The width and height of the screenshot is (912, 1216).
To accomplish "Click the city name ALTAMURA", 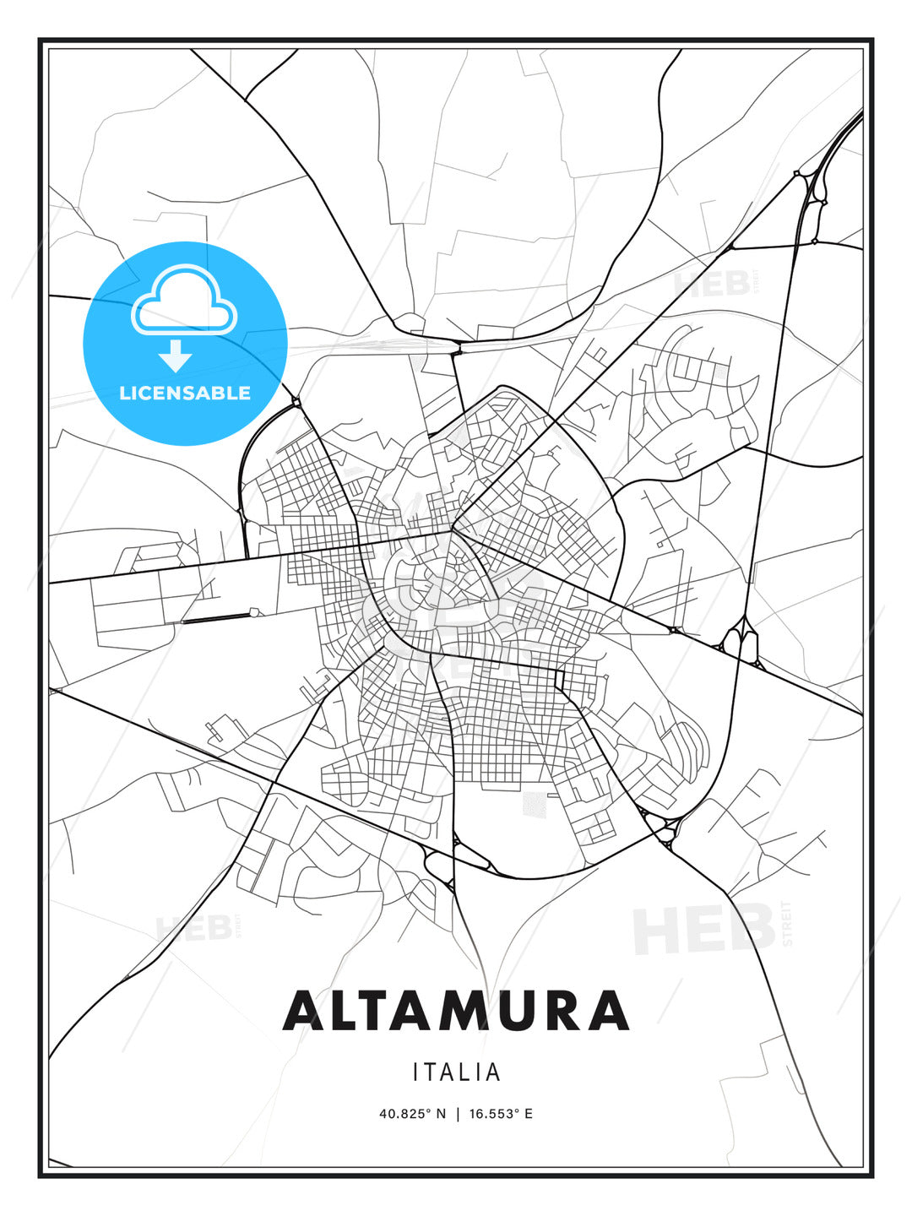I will (x=456, y=1010).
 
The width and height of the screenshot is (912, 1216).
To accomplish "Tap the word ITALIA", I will (x=456, y=1072).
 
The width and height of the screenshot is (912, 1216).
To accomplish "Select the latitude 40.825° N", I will (x=412, y=1114).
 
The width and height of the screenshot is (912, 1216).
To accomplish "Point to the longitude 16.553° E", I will (x=501, y=1114).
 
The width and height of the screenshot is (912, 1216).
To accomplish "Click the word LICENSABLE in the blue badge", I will (x=185, y=393).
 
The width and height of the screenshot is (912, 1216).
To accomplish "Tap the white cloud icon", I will (x=184, y=300).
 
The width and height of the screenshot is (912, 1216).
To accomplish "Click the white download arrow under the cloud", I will (x=176, y=355).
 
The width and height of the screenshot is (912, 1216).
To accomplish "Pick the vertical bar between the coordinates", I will (x=457, y=1114).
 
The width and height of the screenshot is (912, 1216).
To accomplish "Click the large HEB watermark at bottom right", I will (x=705, y=929).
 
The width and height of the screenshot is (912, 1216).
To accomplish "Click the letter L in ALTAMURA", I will (x=338, y=1010).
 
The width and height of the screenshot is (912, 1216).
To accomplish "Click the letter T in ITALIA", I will (x=431, y=1072).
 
